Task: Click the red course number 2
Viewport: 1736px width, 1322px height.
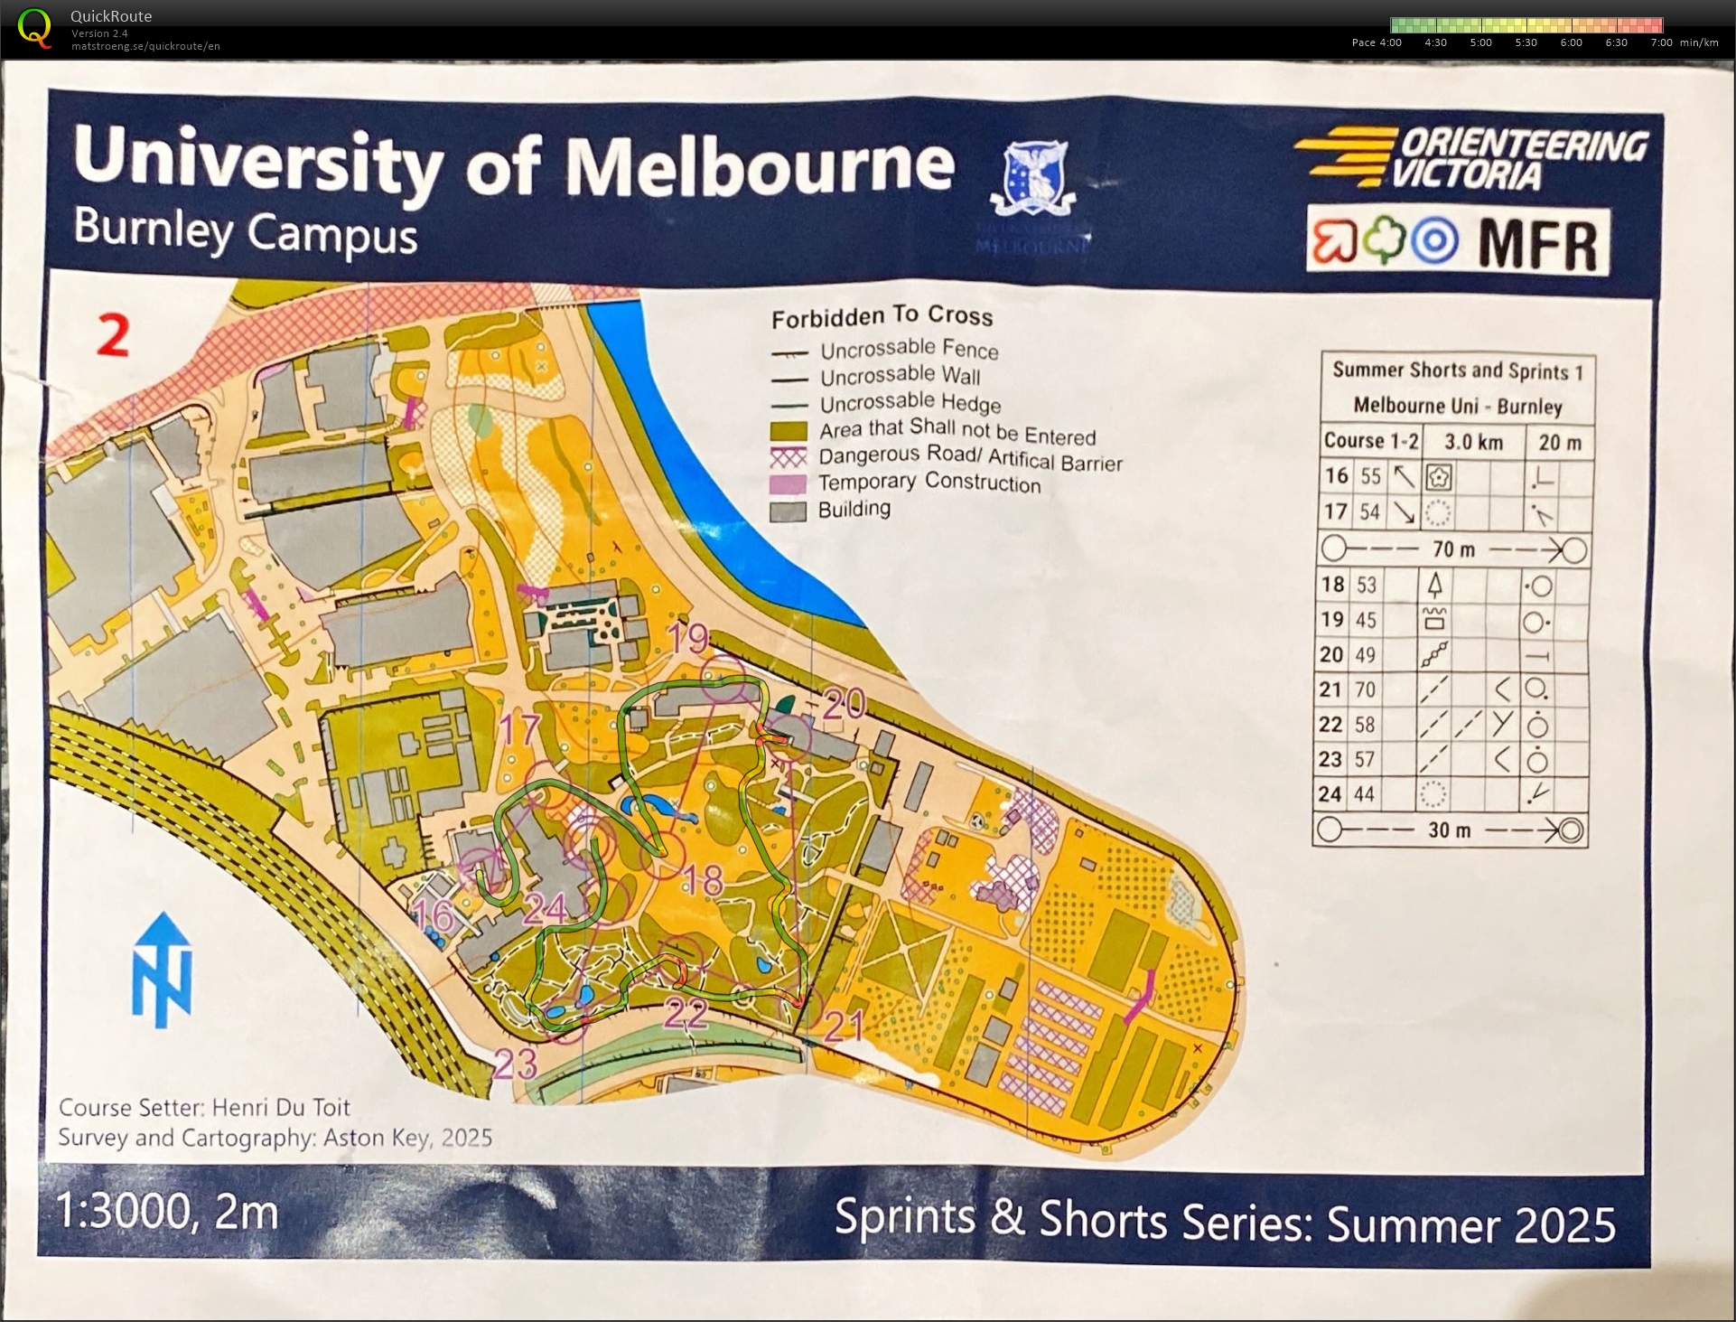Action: pyautogui.click(x=113, y=336)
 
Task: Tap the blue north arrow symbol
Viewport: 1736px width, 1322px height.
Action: pyautogui.click(x=163, y=970)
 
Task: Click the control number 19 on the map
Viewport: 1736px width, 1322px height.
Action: pyautogui.click(x=688, y=639)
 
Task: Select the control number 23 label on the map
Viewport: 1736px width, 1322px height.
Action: pyautogui.click(x=516, y=1064)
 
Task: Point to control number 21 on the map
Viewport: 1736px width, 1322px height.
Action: pyautogui.click(x=844, y=1026)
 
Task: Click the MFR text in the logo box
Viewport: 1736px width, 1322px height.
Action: pyautogui.click(x=1537, y=242)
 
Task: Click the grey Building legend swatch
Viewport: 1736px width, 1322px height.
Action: pyautogui.click(x=788, y=511)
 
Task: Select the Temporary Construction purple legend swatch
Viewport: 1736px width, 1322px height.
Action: pyautogui.click(x=788, y=484)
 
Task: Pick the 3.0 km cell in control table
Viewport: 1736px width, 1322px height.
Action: pyautogui.click(x=1473, y=442)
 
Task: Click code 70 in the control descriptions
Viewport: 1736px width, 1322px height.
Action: pyautogui.click(x=1366, y=690)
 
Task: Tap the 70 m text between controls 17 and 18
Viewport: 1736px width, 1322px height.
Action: pyautogui.click(x=1453, y=549)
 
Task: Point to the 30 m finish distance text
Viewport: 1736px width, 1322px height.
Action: pyautogui.click(x=1449, y=830)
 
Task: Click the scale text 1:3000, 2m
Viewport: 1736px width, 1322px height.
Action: pyautogui.click(x=167, y=1212)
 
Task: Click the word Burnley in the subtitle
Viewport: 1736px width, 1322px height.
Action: pyautogui.click(x=154, y=229)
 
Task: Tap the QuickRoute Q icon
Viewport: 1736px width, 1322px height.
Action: pyautogui.click(x=34, y=28)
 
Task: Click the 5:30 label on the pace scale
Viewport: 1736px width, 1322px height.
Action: pyautogui.click(x=1526, y=42)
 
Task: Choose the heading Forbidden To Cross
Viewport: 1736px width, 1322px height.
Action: pyautogui.click(x=882, y=316)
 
